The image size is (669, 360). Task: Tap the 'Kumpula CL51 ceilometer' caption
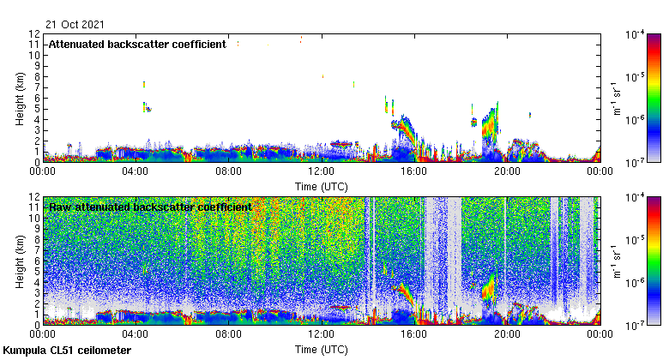[x=67, y=351]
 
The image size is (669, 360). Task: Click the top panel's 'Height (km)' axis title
[x=21, y=98]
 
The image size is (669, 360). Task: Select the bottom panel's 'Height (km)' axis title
[x=21, y=261]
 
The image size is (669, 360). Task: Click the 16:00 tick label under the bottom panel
[x=414, y=334]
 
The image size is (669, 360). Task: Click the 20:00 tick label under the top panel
[x=507, y=171]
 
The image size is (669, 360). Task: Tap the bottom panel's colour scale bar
[x=654, y=261]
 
